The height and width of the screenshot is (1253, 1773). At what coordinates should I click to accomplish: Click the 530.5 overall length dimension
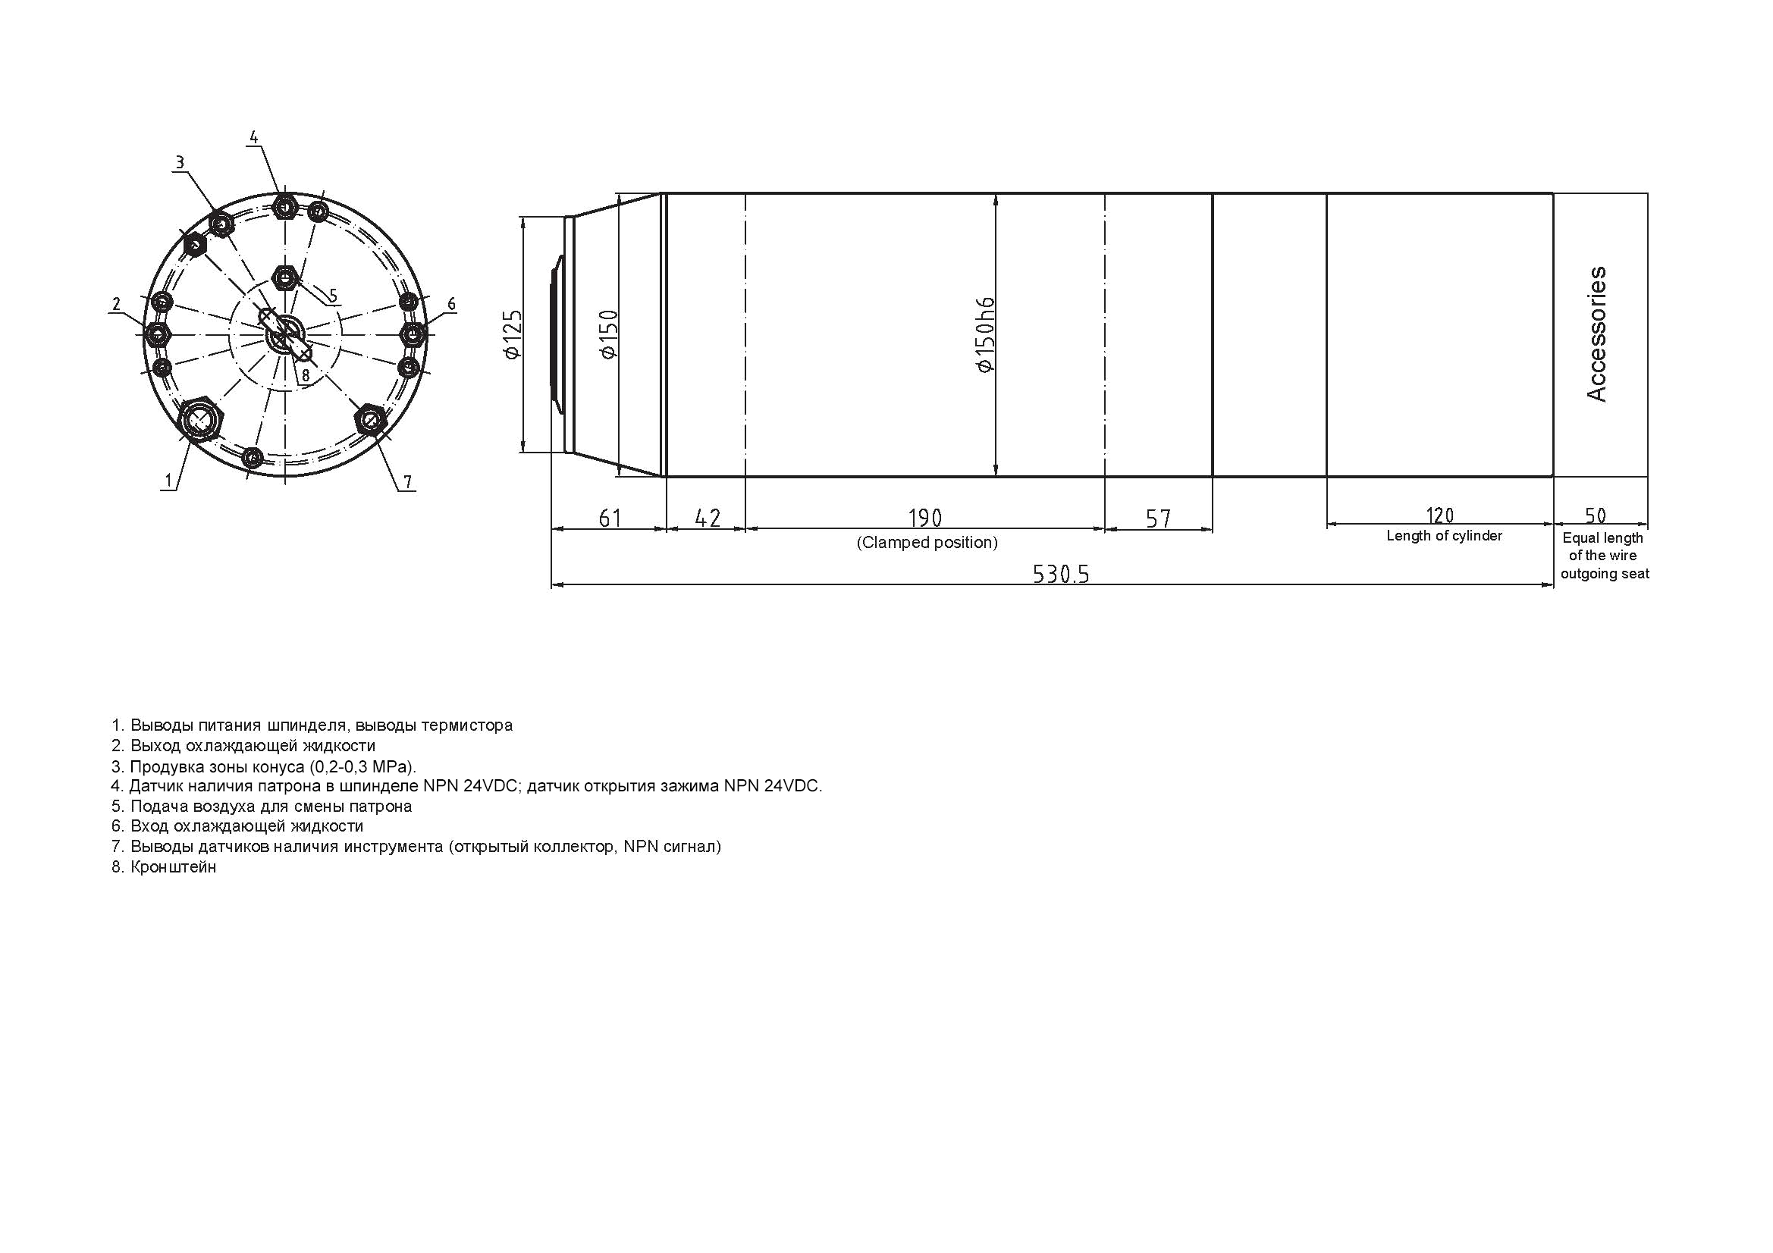pyautogui.click(x=1060, y=574)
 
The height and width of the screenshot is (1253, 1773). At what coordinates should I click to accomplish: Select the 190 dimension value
pyautogui.click(x=925, y=517)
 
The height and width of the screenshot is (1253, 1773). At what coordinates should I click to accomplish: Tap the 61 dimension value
pyautogui.click(x=610, y=517)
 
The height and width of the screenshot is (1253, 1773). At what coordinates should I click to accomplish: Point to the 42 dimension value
pyautogui.click(x=708, y=517)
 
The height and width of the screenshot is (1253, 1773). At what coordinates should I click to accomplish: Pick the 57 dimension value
pyautogui.click(x=1158, y=518)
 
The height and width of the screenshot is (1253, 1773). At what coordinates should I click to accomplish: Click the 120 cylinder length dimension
pyautogui.click(x=1439, y=515)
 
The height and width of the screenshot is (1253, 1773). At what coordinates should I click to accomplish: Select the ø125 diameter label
pyautogui.click(x=512, y=335)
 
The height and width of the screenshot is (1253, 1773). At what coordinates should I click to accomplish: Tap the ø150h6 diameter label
pyautogui.click(x=985, y=335)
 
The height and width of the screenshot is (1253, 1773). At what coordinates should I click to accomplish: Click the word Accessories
pyautogui.click(x=1596, y=334)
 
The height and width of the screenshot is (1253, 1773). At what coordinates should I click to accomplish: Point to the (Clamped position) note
pyautogui.click(x=927, y=543)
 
